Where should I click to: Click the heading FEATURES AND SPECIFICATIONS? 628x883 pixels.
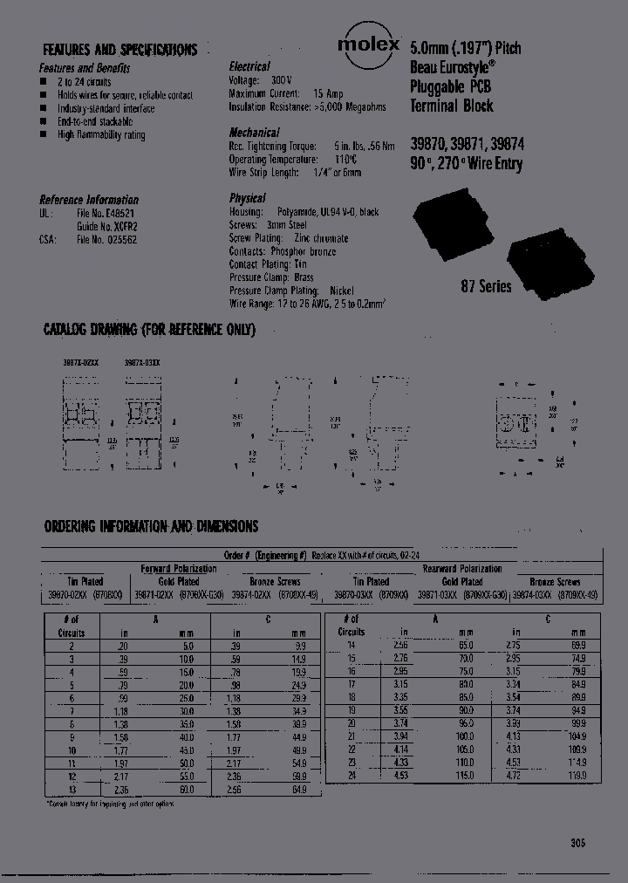pyautogui.click(x=120, y=50)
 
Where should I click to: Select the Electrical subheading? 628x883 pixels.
pyautogui.click(x=249, y=66)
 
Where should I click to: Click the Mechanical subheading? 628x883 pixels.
pyautogui.click(x=254, y=133)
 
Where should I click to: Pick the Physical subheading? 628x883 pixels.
pyautogui.click(x=247, y=199)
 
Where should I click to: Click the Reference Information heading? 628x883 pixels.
pyautogui.click(x=89, y=200)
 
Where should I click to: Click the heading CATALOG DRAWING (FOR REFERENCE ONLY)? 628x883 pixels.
pyautogui.click(x=149, y=330)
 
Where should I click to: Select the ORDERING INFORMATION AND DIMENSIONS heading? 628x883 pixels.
pyautogui.click(x=151, y=526)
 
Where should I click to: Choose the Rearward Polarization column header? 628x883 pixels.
pyautogui.click(x=461, y=568)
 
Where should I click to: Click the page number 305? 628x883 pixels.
pyautogui.click(x=577, y=843)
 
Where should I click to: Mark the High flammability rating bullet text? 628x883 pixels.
pyautogui.click(x=101, y=135)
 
